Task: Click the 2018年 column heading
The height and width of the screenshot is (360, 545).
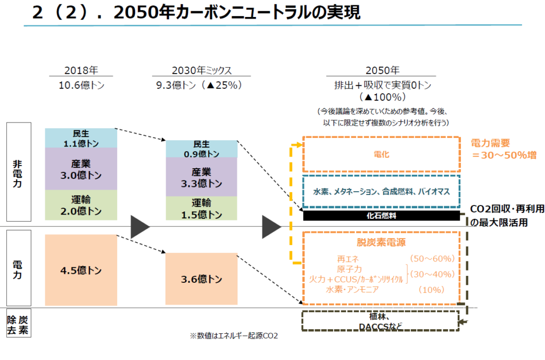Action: point(81,70)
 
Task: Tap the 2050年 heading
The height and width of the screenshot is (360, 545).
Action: point(382,70)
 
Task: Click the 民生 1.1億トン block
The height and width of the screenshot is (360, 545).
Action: point(81,138)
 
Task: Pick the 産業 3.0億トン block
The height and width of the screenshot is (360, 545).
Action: point(81,169)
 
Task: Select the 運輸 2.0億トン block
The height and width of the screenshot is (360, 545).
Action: point(81,205)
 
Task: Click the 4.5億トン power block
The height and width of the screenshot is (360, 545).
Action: point(81,270)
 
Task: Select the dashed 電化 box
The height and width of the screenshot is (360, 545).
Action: point(382,154)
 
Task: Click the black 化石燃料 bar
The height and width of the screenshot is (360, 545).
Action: point(382,216)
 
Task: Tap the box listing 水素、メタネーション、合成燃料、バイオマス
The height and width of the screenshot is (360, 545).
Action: point(382,191)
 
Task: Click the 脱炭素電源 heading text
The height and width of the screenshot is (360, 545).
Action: point(381,243)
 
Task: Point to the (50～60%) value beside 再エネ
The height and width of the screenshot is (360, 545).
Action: point(432,258)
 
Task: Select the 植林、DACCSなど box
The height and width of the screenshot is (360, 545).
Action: point(380,321)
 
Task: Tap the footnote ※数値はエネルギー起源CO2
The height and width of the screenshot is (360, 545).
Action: point(234,336)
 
